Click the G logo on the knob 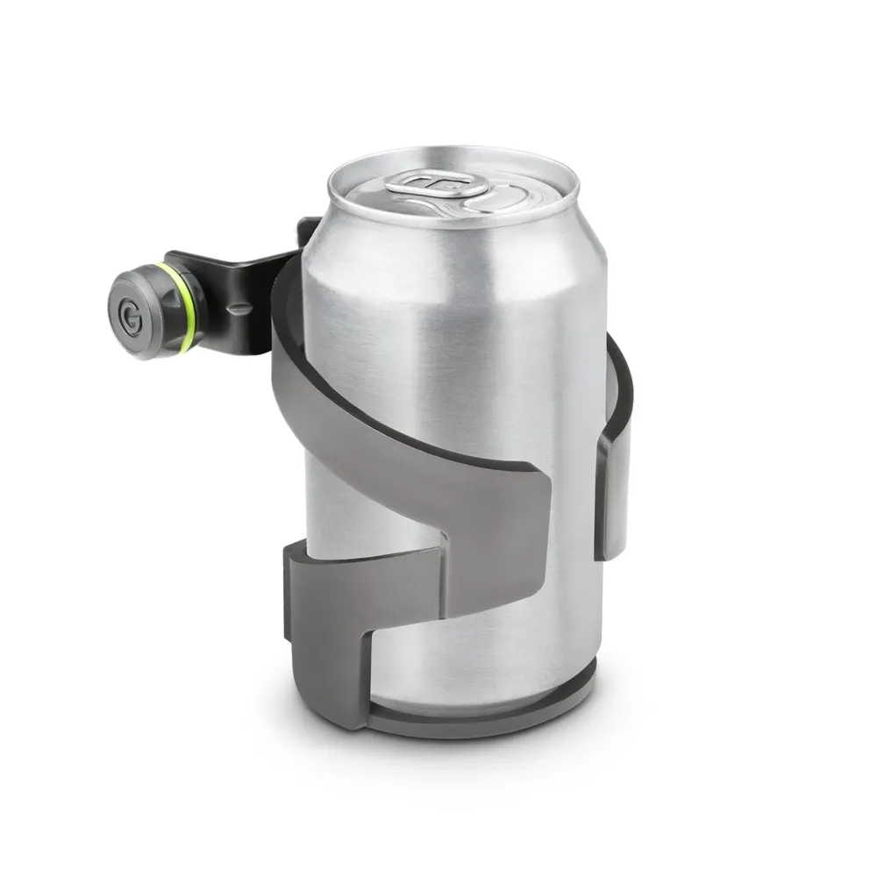point(132,317)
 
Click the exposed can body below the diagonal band point(491,631)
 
